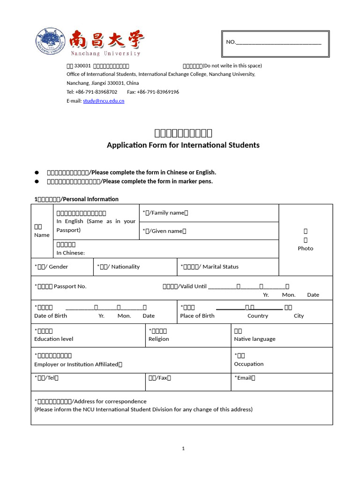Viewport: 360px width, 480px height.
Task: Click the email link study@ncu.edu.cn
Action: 104,101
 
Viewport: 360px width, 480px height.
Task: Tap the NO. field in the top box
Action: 274,42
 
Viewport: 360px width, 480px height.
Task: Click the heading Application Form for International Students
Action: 183,145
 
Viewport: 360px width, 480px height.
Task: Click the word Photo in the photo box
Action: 305,248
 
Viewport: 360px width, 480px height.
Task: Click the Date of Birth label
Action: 51,315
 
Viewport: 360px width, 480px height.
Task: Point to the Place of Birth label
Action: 197,315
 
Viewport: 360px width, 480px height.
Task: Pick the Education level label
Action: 53,339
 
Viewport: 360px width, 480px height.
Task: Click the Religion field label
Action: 158,339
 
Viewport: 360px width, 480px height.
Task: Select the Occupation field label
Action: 248,364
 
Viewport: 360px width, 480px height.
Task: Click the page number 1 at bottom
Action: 183,449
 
